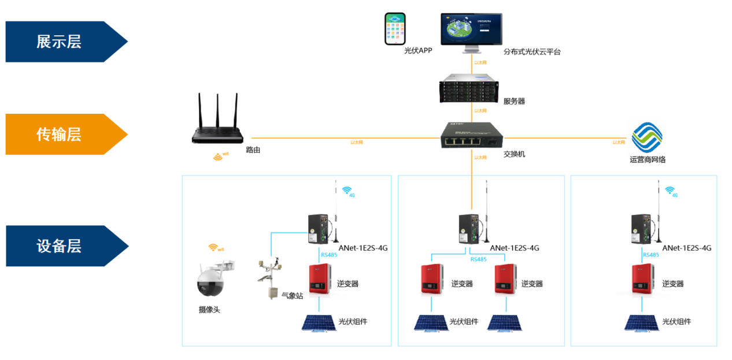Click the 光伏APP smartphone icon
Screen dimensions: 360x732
click(x=395, y=29)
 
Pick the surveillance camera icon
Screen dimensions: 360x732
click(x=212, y=281)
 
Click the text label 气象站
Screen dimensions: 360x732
click(x=292, y=295)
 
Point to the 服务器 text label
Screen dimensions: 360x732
click(x=514, y=102)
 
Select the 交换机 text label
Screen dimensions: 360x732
click(x=514, y=154)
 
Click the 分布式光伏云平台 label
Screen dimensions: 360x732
click(x=532, y=52)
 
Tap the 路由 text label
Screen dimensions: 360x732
click(x=253, y=150)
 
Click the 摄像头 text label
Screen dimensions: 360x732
click(x=209, y=310)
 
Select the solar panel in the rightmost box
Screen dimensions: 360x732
click(x=641, y=322)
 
